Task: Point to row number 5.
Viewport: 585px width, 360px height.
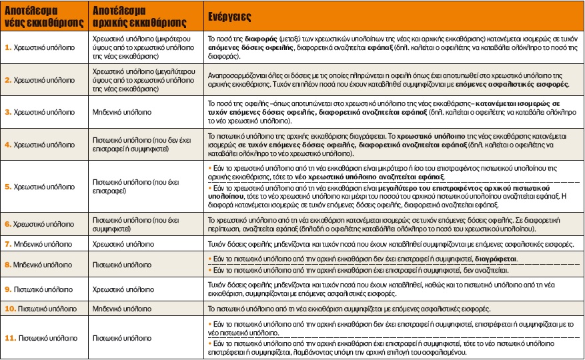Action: [9, 187]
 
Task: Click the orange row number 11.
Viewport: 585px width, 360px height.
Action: [11, 338]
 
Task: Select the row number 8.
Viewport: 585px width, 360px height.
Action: [9, 264]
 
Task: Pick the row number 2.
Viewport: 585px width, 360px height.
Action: [9, 80]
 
